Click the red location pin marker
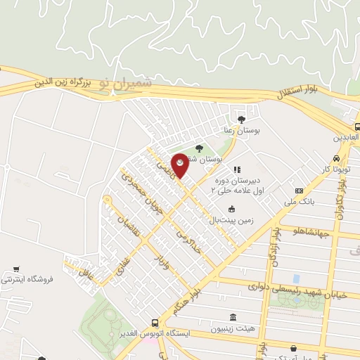(180, 165)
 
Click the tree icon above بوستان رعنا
(243, 120)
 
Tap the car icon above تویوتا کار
(337, 158)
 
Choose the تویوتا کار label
(334, 170)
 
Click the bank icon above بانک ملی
(300, 191)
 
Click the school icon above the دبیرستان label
(237, 169)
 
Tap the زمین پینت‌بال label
(228, 220)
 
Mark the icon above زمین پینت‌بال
(232, 208)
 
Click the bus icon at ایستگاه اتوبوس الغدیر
(155, 323)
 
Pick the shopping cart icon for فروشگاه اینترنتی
(15, 269)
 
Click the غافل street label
(84, 267)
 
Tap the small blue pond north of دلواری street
(295, 278)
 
